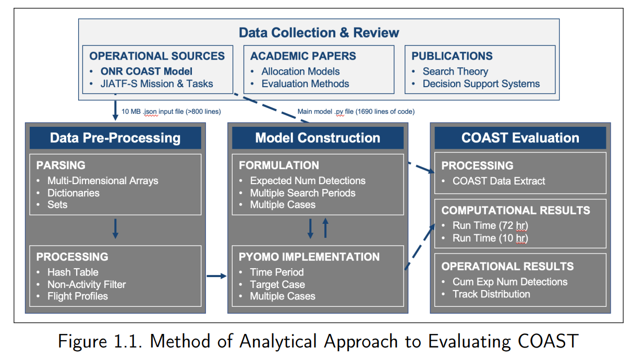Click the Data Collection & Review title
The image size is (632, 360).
(319, 32)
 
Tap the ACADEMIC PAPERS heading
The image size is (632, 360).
(303, 56)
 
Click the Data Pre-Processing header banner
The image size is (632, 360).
(115, 138)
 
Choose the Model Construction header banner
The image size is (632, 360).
(318, 138)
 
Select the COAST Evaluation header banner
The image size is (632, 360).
(520, 138)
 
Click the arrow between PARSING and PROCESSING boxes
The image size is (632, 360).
(115, 229)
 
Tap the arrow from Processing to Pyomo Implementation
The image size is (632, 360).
(217, 276)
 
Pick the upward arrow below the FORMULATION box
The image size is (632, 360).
(325, 228)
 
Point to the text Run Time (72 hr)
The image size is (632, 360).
(490, 225)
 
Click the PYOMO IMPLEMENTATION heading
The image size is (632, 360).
(309, 257)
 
